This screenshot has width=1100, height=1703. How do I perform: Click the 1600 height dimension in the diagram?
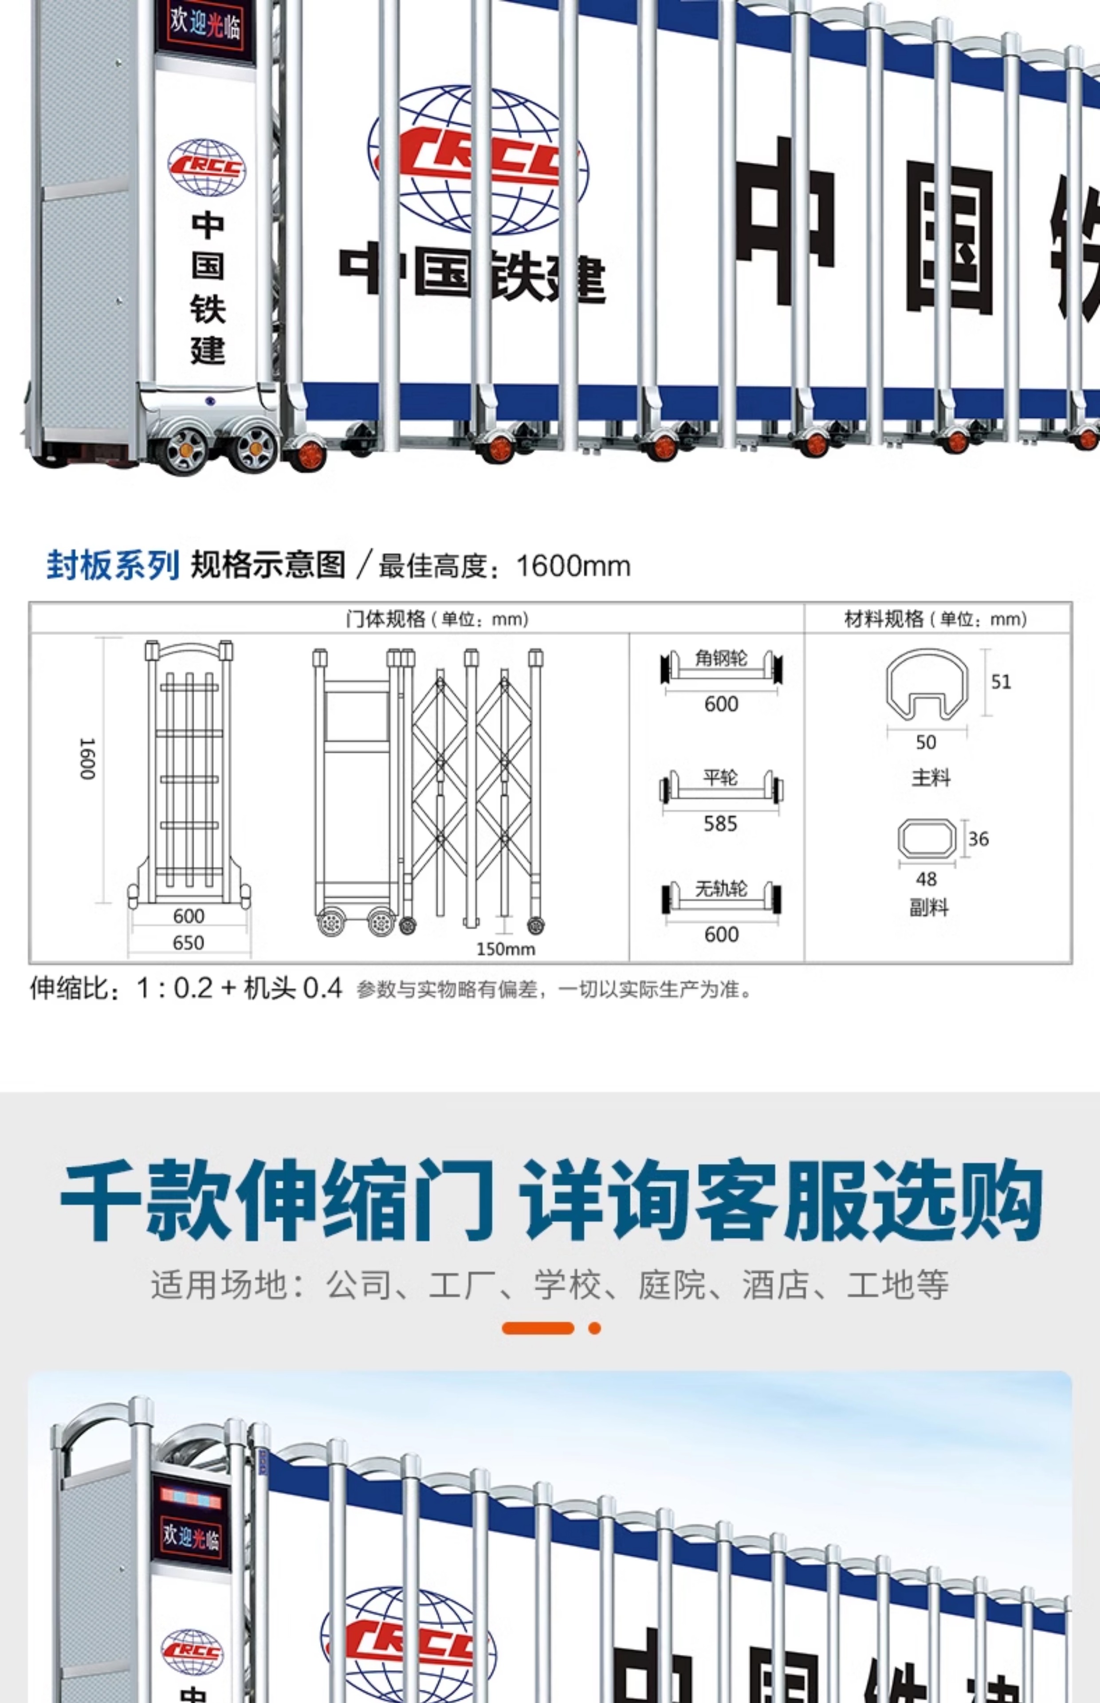click(86, 759)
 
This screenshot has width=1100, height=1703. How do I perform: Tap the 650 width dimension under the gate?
click(189, 942)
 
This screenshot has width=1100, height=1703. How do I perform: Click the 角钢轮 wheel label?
click(721, 658)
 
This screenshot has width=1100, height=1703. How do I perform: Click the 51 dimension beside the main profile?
click(1001, 682)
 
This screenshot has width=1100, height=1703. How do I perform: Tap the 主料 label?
click(931, 777)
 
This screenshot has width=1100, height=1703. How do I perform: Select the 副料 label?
click(929, 907)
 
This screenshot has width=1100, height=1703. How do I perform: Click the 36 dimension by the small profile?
click(978, 839)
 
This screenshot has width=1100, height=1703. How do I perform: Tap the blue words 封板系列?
click(112, 565)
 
